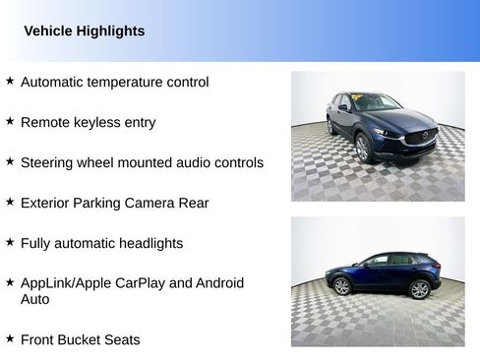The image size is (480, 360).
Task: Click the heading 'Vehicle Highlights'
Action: click(x=84, y=31)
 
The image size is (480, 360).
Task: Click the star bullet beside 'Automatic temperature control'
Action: click(x=10, y=82)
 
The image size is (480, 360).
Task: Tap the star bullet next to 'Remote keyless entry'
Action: click(x=10, y=122)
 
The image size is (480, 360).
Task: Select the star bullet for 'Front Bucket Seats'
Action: click(x=10, y=339)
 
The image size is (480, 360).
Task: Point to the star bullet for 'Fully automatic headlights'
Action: click(x=10, y=242)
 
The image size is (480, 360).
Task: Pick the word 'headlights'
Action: click(x=149, y=243)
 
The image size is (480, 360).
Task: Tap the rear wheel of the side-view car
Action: click(x=342, y=286)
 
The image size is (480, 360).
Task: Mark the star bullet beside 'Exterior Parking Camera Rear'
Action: click(x=10, y=202)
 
